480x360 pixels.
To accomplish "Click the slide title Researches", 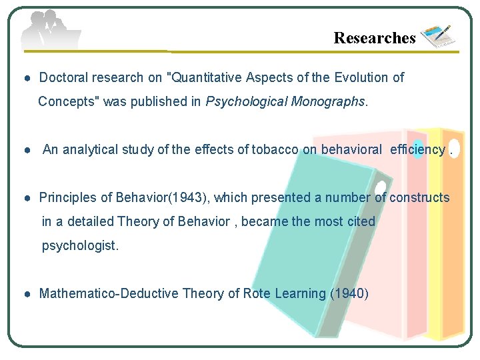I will (x=374, y=38).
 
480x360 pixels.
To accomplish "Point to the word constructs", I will (x=419, y=198).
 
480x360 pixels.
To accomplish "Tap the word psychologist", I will (x=80, y=246).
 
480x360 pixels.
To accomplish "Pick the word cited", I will (x=361, y=222).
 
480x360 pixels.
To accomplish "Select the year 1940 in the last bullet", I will (x=349, y=294).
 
